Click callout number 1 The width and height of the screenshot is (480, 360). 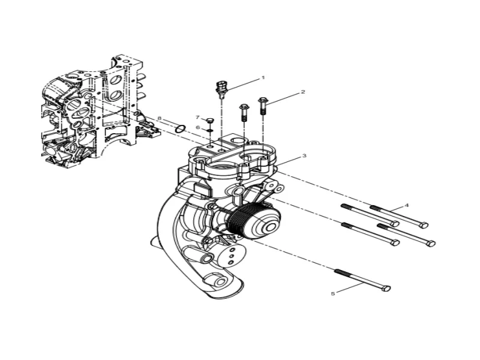point(262,78)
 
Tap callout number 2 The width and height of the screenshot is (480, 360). point(303,92)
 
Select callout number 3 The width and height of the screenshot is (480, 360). point(304,155)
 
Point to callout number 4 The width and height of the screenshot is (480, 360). point(407,205)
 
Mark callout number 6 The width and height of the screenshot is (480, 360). point(197,127)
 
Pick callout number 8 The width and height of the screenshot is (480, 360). point(160,118)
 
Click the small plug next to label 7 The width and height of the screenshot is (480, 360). point(210,121)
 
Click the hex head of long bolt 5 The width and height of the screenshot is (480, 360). point(386,289)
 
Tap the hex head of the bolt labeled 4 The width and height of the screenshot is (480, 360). point(424,225)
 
